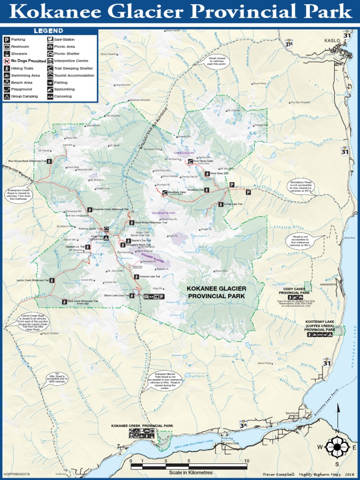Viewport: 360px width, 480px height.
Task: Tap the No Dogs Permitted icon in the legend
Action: tap(7, 61)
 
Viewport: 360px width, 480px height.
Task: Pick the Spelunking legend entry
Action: tap(64, 89)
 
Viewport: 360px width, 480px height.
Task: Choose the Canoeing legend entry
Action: tap(63, 97)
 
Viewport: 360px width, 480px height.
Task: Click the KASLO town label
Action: tap(331, 41)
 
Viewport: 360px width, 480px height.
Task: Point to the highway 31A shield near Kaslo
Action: tap(289, 44)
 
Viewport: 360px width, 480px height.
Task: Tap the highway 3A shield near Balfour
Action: tap(243, 425)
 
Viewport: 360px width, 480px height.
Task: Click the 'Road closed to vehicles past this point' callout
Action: tap(217, 61)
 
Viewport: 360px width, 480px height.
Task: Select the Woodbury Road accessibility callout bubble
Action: tap(300, 186)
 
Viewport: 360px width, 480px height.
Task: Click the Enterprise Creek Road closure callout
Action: tap(19, 195)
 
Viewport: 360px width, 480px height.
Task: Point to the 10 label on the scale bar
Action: tap(247, 461)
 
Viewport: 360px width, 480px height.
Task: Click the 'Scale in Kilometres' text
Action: tap(191, 472)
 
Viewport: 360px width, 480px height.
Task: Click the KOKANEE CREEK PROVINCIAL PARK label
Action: tap(142, 426)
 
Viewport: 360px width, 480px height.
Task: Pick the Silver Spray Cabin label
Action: tap(203, 161)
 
